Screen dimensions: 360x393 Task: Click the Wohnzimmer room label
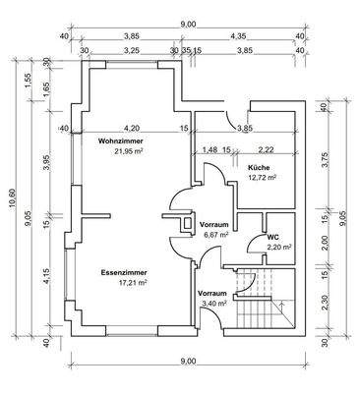[120, 141]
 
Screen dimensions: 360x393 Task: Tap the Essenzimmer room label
[124, 272]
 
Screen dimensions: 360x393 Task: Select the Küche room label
[259, 168]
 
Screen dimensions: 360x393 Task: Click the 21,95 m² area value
[129, 151]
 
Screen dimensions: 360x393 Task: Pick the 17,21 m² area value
[133, 282]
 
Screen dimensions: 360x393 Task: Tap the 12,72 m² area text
[262, 177]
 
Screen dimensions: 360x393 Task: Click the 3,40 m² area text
[214, 304]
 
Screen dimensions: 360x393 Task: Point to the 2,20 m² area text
[279, 247]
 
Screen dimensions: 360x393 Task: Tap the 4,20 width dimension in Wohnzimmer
[134, 128]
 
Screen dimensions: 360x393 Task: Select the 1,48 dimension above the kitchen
[210, 149]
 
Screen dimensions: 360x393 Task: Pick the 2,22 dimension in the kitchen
[267, 149]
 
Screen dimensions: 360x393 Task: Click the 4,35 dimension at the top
[238, 36]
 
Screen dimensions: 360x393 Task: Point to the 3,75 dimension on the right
[326, 160]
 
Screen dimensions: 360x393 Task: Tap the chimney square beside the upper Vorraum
[187, 224]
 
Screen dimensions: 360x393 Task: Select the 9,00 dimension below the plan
[188, 361]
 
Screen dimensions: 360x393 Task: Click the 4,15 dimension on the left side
[47, 275]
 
